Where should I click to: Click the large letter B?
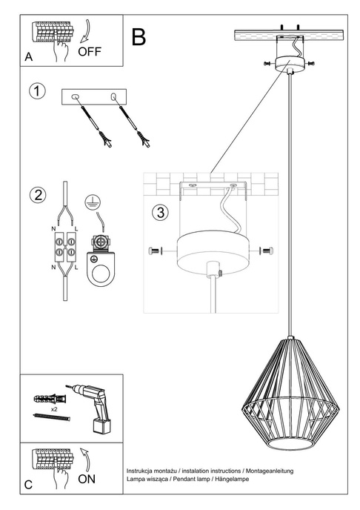[139, 37]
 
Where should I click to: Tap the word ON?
[87, 480]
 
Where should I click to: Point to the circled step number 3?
[160, 212]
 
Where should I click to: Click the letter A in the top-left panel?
[28, 56]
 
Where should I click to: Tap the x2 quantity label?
[55, 408]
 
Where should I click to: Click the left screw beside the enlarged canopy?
[153, 252]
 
